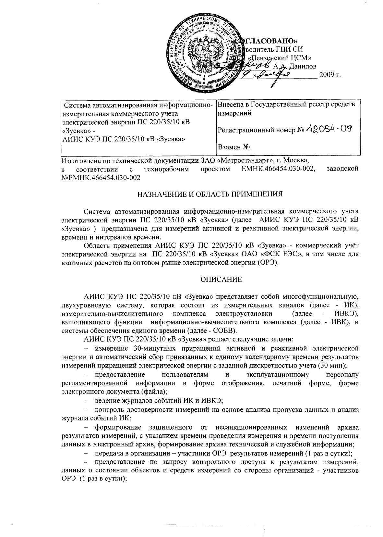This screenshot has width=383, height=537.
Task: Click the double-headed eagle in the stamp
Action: tap(204, 52)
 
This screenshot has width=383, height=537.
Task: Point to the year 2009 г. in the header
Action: tap(330, 76)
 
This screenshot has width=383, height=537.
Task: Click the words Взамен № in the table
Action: tap(233, 147)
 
